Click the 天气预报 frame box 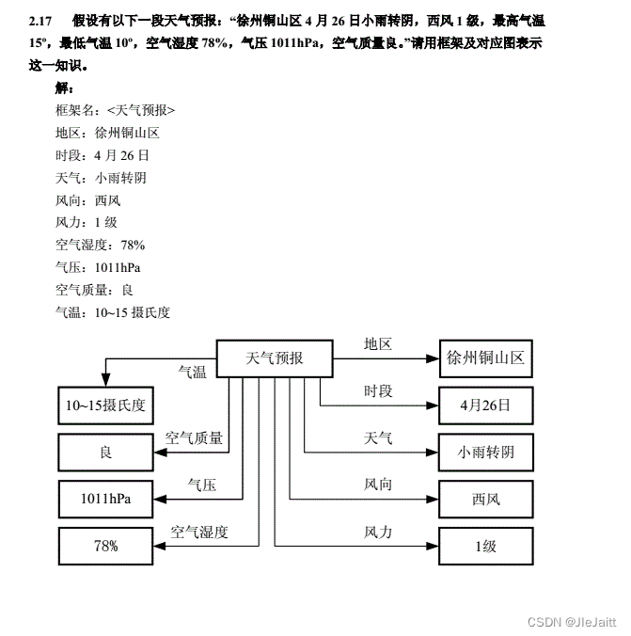[275, 358]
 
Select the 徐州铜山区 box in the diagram [485, 358]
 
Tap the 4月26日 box [485, 405]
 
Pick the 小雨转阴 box [485, 453]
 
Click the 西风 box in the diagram [485, 499]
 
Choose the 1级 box [485, 546]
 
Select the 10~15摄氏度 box [105, 405]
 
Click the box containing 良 [105, 453]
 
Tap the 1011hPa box [105, 499]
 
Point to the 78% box [105, 546]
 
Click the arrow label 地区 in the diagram [378, 344]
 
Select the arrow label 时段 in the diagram [378, 391]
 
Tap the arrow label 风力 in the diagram [378, 533]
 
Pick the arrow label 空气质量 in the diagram [195, 438]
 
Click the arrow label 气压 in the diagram [201, 485]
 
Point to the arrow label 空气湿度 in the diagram [199, 533]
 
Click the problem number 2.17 [40, 20]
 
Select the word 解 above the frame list [64, 87]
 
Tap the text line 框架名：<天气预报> [115, 110]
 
